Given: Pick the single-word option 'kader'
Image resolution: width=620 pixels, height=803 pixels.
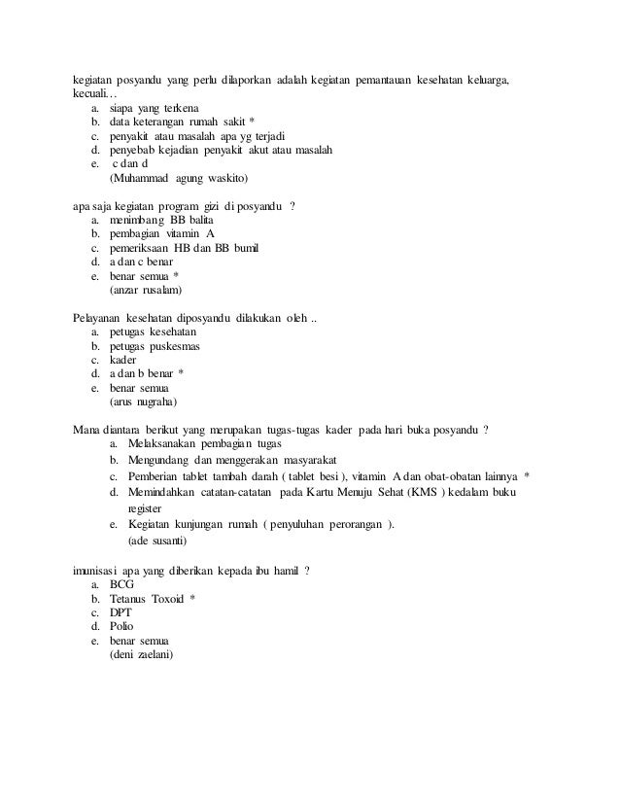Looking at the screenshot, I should (123, 359).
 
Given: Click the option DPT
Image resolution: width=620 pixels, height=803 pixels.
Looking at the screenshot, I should (121, 613).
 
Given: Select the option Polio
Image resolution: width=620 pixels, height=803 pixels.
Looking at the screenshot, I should (122, 627).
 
